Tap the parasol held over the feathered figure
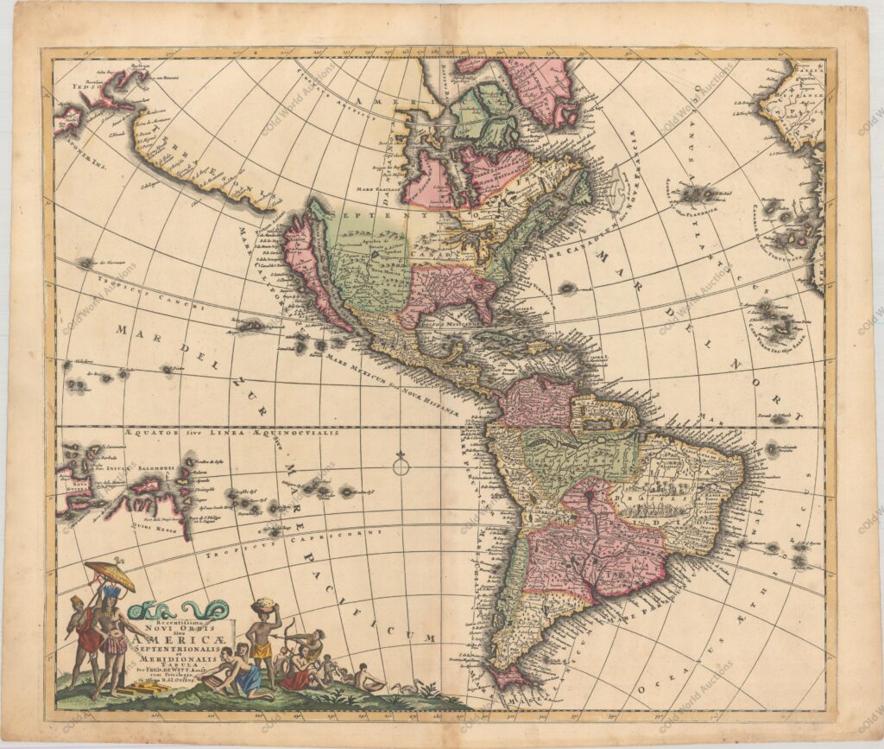point(110,575)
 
